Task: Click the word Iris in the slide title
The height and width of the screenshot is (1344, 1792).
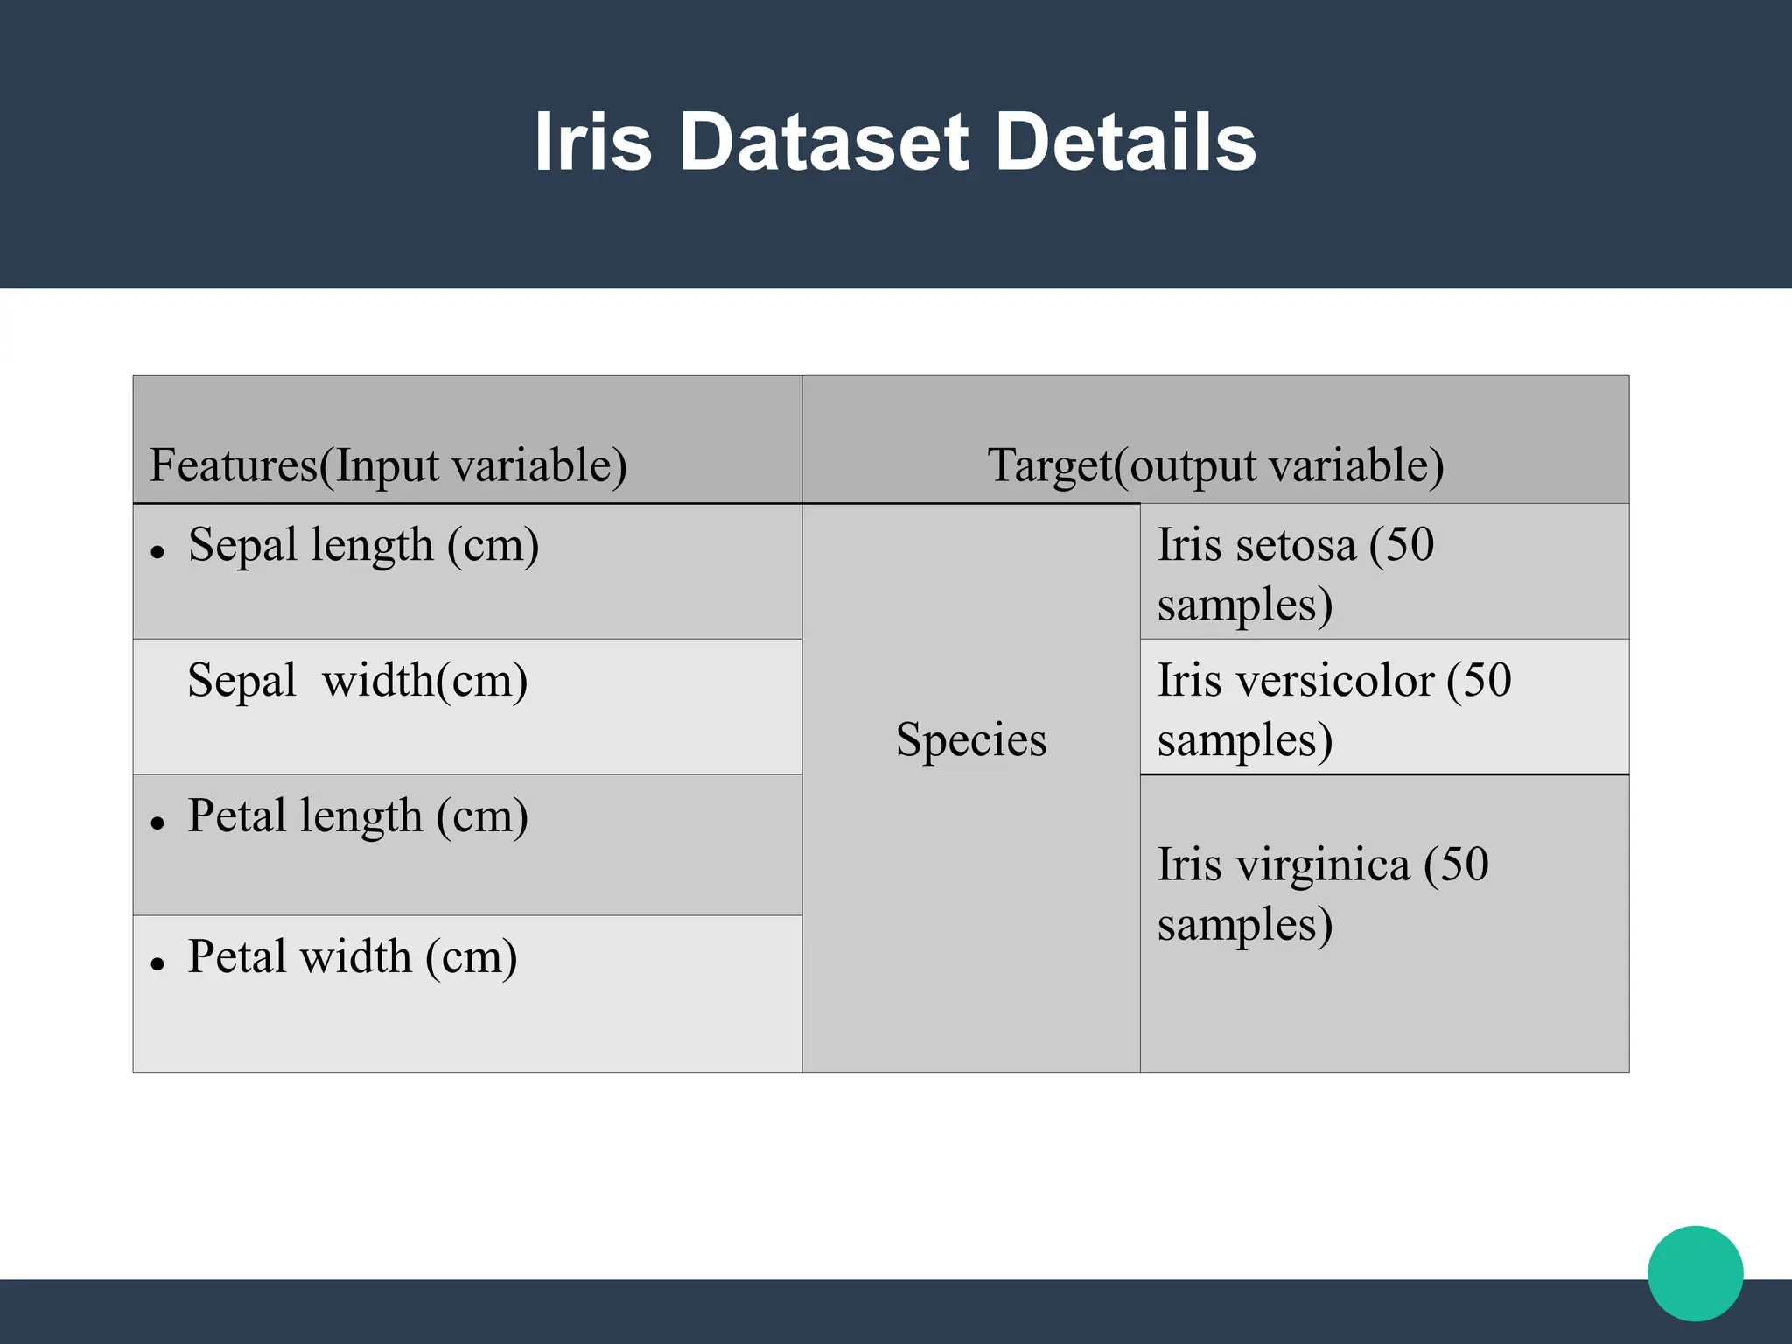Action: point(592,142)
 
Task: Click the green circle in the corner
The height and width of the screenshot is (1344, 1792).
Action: point(1695,1273)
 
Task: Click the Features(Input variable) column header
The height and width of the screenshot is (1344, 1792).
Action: point(388,465)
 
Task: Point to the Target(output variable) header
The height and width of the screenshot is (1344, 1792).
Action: point(1215,465)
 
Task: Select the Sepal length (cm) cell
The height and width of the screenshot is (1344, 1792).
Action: point(363,545)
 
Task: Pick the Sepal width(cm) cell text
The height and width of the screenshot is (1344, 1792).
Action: point(357,681)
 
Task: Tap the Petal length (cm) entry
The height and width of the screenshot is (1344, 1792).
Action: point(358,816)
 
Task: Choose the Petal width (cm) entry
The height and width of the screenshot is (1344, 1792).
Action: point(353,956)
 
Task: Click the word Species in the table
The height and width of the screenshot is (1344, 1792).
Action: point(971,740)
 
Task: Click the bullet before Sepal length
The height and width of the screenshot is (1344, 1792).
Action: point(157,552)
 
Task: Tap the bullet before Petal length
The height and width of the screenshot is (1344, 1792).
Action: point(157,823)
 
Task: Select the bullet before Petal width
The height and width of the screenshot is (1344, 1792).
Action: point(157,964)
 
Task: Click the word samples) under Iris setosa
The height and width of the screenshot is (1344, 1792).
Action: point(1244,605)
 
